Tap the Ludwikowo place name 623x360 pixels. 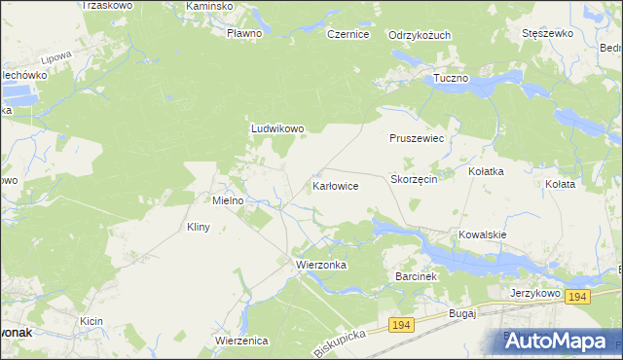click(x=278, y=127)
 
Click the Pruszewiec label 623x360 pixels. click(x=417, y=138)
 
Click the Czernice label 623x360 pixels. click(x=348, y=34)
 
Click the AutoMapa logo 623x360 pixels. click(x=557, y=340)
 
